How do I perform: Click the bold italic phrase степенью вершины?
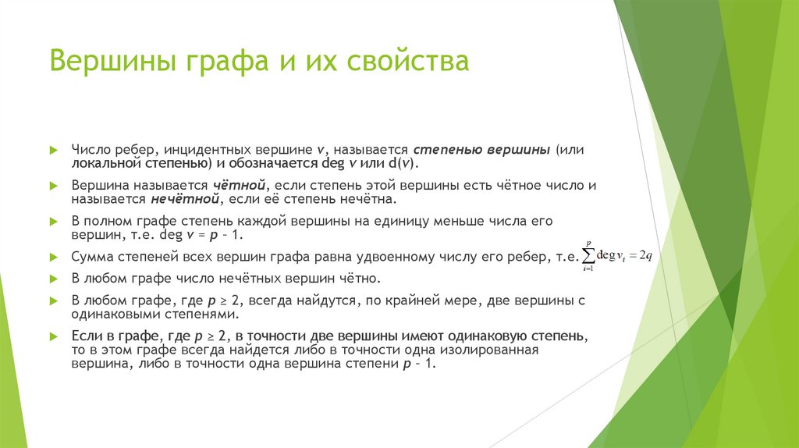(x=481, y=148)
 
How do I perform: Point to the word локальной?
(x=106, y=164)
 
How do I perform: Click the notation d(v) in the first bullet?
(x=403, y=164)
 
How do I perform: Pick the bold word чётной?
(x=238, y=186)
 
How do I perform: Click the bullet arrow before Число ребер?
(x=53, y=148)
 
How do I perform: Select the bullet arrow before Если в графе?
(x=53, y=336)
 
